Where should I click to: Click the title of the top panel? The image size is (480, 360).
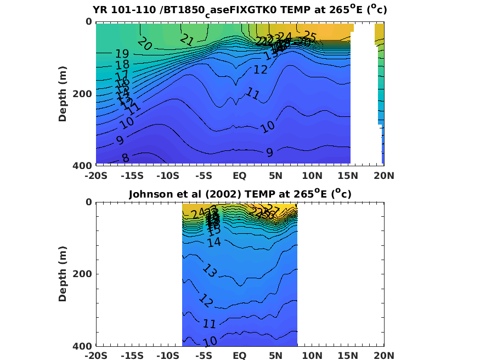(x=240, y=10)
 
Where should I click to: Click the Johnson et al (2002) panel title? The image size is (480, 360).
(x=240, y=193)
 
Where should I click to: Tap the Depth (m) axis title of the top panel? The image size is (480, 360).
(x=63, y=94)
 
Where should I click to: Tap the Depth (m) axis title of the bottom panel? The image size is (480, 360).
(x=63, y=274)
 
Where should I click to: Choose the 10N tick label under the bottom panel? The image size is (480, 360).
(x=312, y=356)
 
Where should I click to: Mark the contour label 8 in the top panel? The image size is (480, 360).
(x=125, y=158)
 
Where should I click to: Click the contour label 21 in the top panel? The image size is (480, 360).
(x=187, y=40)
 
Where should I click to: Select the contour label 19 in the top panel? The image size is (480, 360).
(x=122, y=54)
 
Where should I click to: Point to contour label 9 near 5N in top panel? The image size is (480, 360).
(x=269, y=152)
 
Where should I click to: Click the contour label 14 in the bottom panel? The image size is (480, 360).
(x=214, y=241)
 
